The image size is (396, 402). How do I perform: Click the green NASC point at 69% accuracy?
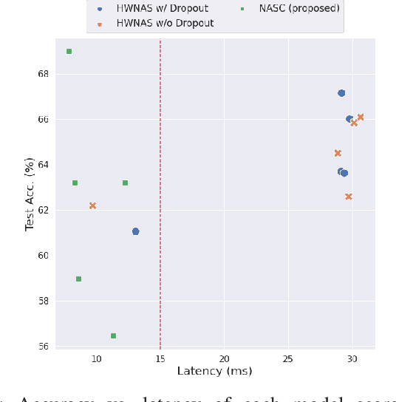(69, 51)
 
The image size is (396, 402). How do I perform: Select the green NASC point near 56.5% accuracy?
(113, 335)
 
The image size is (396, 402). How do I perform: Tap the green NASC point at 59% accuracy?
(78, 279)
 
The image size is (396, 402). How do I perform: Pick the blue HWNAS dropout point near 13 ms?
(135, 231)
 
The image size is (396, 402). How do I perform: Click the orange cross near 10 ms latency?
(92, 205)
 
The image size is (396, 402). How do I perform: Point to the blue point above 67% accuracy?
(341, 93)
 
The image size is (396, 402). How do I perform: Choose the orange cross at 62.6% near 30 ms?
(349, 197)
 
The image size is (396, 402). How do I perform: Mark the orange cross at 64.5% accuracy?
(338, 153)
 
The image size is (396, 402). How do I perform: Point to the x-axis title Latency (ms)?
(214, 371)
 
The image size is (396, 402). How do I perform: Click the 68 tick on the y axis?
(43, 74)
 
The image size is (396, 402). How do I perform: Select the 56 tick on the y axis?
(43, 347)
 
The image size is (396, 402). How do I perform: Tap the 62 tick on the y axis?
(43, 211)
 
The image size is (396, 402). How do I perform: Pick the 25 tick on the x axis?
(288, 358)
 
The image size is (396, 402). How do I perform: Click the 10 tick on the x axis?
(96, 358)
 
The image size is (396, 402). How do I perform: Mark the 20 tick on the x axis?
(224, 358)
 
